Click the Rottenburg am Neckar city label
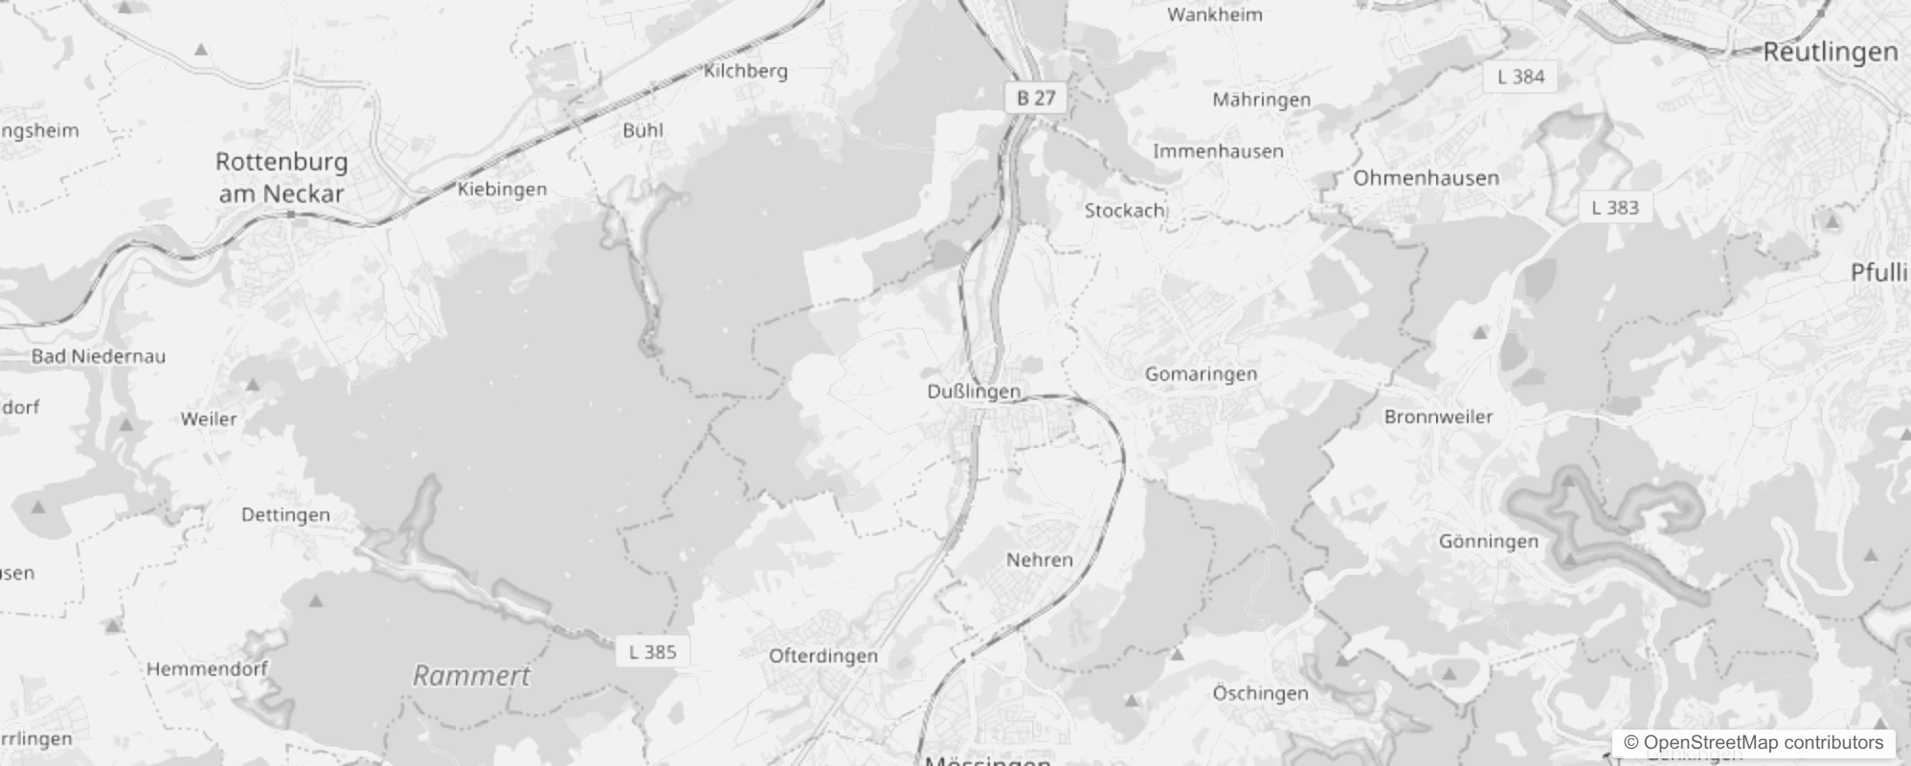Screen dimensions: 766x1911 (281, 177)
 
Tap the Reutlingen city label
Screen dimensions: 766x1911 (1830, 52)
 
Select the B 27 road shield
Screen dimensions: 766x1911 (1035, 98)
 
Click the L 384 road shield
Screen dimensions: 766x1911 (1520, 77)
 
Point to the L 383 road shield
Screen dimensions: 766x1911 (1614, 208)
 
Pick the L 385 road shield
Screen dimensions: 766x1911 (652, 652)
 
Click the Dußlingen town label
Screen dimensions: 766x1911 (974, 392)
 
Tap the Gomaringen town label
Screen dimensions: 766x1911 (1201, 374)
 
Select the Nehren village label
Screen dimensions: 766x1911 (1039, 560)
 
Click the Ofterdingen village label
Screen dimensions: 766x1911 (823, 656)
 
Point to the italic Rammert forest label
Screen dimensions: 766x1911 (471, 676)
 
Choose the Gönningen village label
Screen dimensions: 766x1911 (1488, 542)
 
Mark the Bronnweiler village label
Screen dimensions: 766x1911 (1438, 417)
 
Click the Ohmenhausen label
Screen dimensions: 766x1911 (1426, 178)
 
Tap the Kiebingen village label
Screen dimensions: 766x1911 (502, 190)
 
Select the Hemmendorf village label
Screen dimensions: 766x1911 (207, 669)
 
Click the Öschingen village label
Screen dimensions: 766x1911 (1260, 693)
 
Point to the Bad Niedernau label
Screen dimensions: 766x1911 (98, 356)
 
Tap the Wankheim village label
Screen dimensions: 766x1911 (1214, 15)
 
